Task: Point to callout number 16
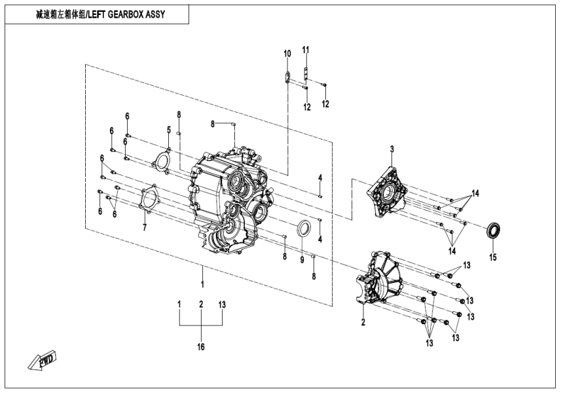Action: [201, 346]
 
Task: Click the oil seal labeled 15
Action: [495, 231]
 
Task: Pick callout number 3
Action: [391, 149]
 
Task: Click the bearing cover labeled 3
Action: [388, 191]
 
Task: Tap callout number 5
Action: [168, 130]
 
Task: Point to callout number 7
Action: [145, 227]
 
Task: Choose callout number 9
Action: [302, 260]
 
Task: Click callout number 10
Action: [287, 53]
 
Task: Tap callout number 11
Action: [306, 50]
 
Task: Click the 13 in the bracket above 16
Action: [222, 305]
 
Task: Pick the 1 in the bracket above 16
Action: [179, 305]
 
